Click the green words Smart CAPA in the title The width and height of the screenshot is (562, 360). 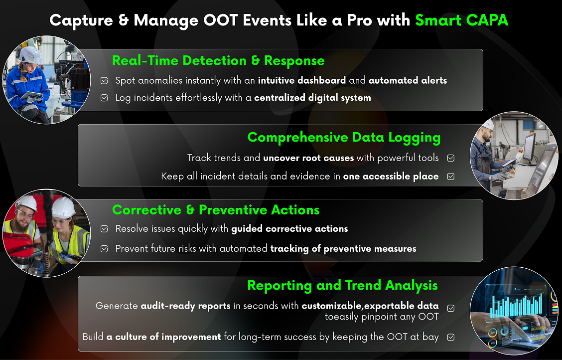(x=462, y=20)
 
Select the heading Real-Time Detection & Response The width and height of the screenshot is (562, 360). (x=218, y=61)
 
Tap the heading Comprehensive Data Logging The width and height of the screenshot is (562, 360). (x=344, y=138)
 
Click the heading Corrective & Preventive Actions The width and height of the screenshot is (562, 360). (x=216, y=210)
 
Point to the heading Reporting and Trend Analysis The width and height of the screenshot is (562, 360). (x=343, y=286)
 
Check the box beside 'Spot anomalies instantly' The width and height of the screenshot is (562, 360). (x=104, y=81)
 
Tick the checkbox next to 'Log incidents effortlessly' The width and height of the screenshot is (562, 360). (x=104, y=98)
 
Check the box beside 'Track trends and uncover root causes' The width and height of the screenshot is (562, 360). (x=451, y=158)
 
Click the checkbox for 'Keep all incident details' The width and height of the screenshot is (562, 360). (x=451, y=177)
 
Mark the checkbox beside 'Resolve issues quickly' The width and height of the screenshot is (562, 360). (x=104, y=229)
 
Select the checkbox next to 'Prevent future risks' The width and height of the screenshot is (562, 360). (x=104, y=249)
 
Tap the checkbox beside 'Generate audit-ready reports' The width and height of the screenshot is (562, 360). (x=451, y=308)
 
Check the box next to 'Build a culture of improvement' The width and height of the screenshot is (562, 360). (x=451, y=337)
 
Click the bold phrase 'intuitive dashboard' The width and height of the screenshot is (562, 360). (x=302, y=80)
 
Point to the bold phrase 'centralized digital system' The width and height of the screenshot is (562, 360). (x=312, y=98)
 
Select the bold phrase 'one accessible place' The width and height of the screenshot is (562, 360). (x=391, y=177)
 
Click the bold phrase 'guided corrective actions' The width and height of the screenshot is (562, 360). (x=289, y=229)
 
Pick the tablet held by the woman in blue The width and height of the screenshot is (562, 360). (x=31, y=95)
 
